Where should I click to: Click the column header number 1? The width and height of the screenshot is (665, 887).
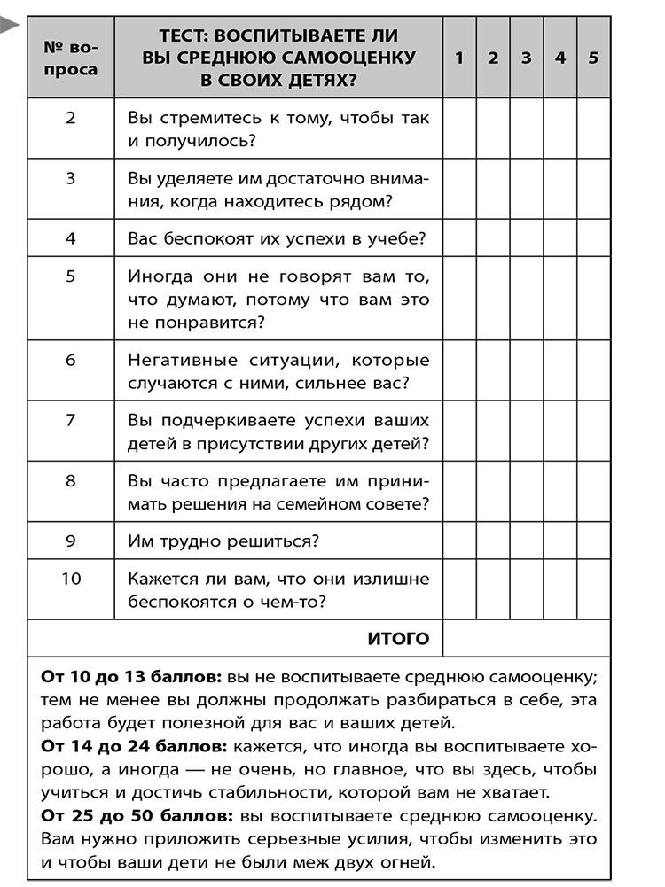click(x=459, y=58)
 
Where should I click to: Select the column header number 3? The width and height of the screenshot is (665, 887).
click(x=526, y=58)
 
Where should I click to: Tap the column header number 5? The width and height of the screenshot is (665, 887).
click(x=593, y=58)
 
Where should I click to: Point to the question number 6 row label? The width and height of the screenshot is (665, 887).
click(x=71, y=361)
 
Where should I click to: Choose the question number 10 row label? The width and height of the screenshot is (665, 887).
click(x=71, y=579)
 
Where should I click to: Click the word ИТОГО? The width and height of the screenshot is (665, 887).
click(x=397, y=638)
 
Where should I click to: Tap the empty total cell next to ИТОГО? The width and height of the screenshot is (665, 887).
click(x=526, y=638)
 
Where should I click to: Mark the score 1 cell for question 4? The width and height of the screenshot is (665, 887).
click(x=459, y=238)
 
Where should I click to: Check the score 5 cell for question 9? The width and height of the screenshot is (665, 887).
click(x=593, y=541)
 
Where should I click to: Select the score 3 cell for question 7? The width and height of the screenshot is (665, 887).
click(x=526, y=432)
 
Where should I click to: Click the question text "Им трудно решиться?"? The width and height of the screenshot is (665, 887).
click(x=223, y=541)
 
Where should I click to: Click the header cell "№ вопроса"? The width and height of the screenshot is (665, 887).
click(x=71, y=58)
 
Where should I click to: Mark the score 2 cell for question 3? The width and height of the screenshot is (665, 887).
click(x=493, y=190)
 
